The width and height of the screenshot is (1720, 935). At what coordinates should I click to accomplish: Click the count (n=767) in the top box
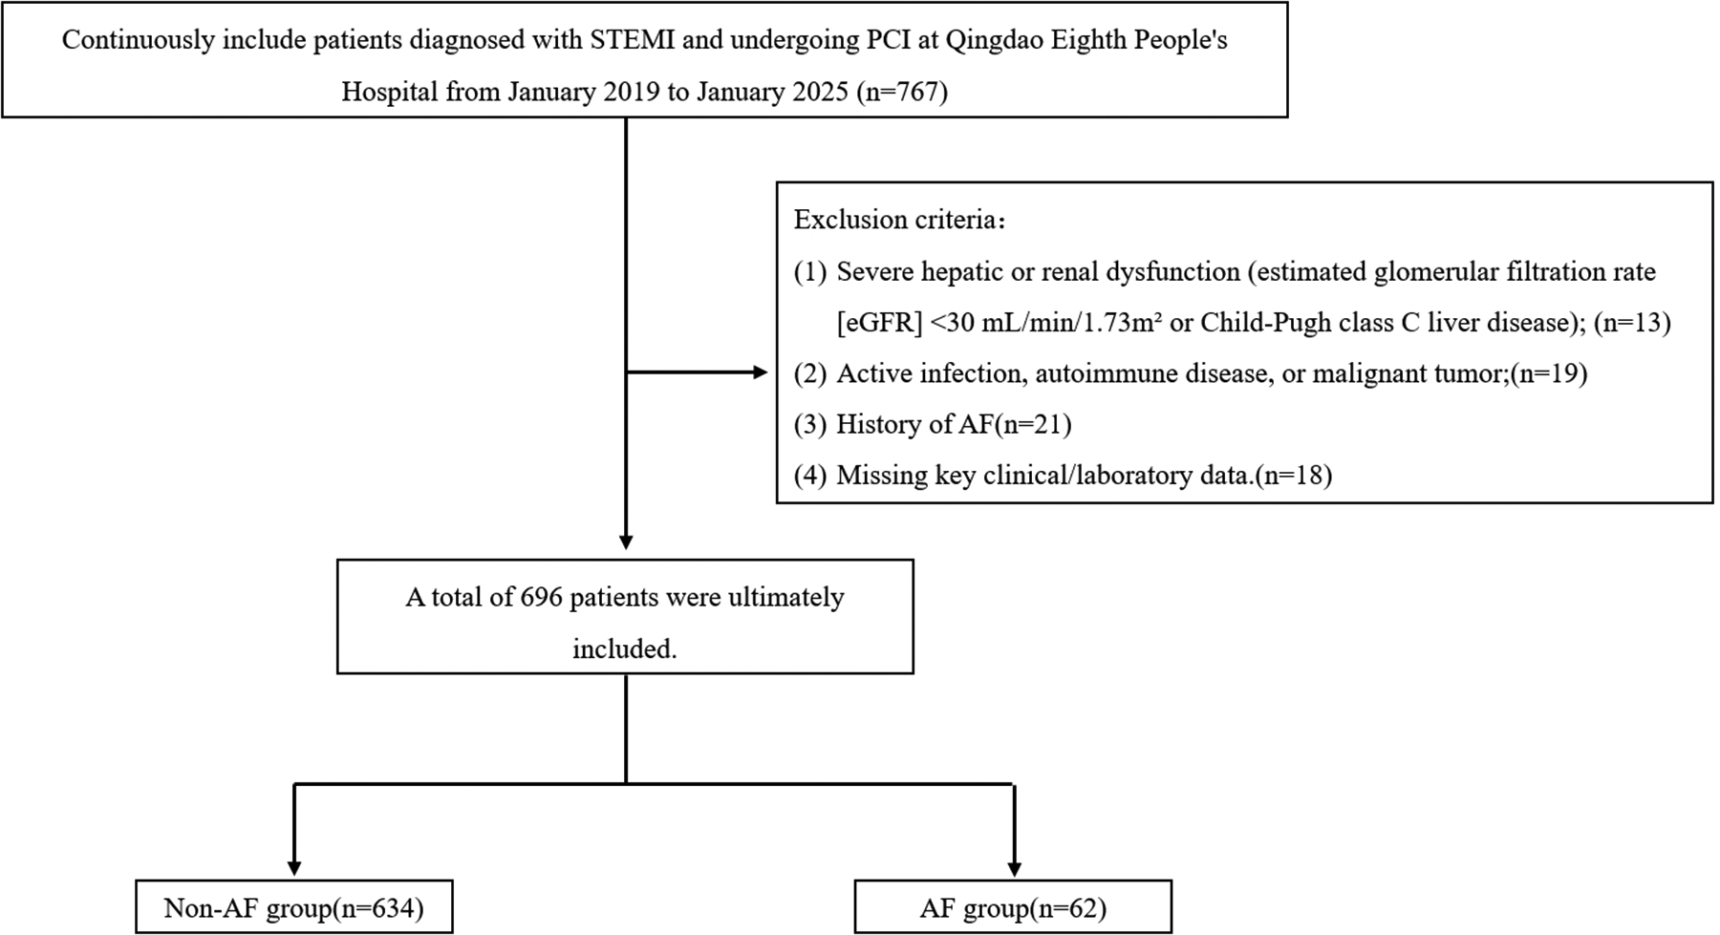(902, 92)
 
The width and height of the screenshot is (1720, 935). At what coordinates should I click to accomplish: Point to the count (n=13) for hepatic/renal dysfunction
(1632, 323)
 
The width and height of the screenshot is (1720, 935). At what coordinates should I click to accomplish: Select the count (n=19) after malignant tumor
(1549, 373)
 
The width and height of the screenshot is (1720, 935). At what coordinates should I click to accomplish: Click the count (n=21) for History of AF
(1033, 424)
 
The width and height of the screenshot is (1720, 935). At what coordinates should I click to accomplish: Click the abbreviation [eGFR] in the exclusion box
(879, 323)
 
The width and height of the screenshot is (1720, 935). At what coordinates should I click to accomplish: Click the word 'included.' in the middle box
(625, 649)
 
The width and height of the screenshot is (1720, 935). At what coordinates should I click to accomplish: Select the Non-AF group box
(293, 907)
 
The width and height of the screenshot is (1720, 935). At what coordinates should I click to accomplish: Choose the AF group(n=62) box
(1013, 907)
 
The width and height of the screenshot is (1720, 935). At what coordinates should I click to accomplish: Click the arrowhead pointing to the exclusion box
(761, 372)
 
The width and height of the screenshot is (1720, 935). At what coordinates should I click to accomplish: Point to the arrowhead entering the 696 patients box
(626, 542)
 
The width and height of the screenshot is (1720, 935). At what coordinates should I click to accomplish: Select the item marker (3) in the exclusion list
(809, 424)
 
